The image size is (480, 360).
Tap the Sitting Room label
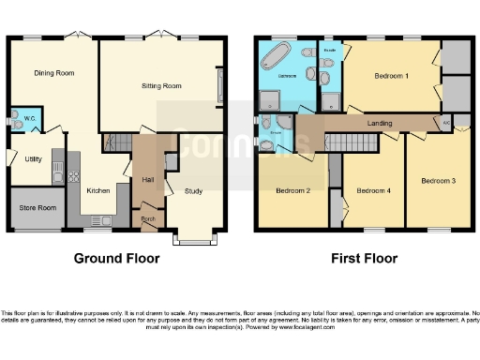(160, 85)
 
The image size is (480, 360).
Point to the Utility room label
(33, 159)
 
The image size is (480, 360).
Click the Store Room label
(36, 207)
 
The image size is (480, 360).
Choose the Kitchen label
(100, 191)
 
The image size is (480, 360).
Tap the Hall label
(147, 178)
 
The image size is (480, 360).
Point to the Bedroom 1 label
(391, 75)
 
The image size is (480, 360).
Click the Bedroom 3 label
(438, 180)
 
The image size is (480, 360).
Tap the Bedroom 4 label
(372, 191)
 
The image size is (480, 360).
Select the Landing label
(381, 123)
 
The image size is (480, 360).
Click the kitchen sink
(59, 172)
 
